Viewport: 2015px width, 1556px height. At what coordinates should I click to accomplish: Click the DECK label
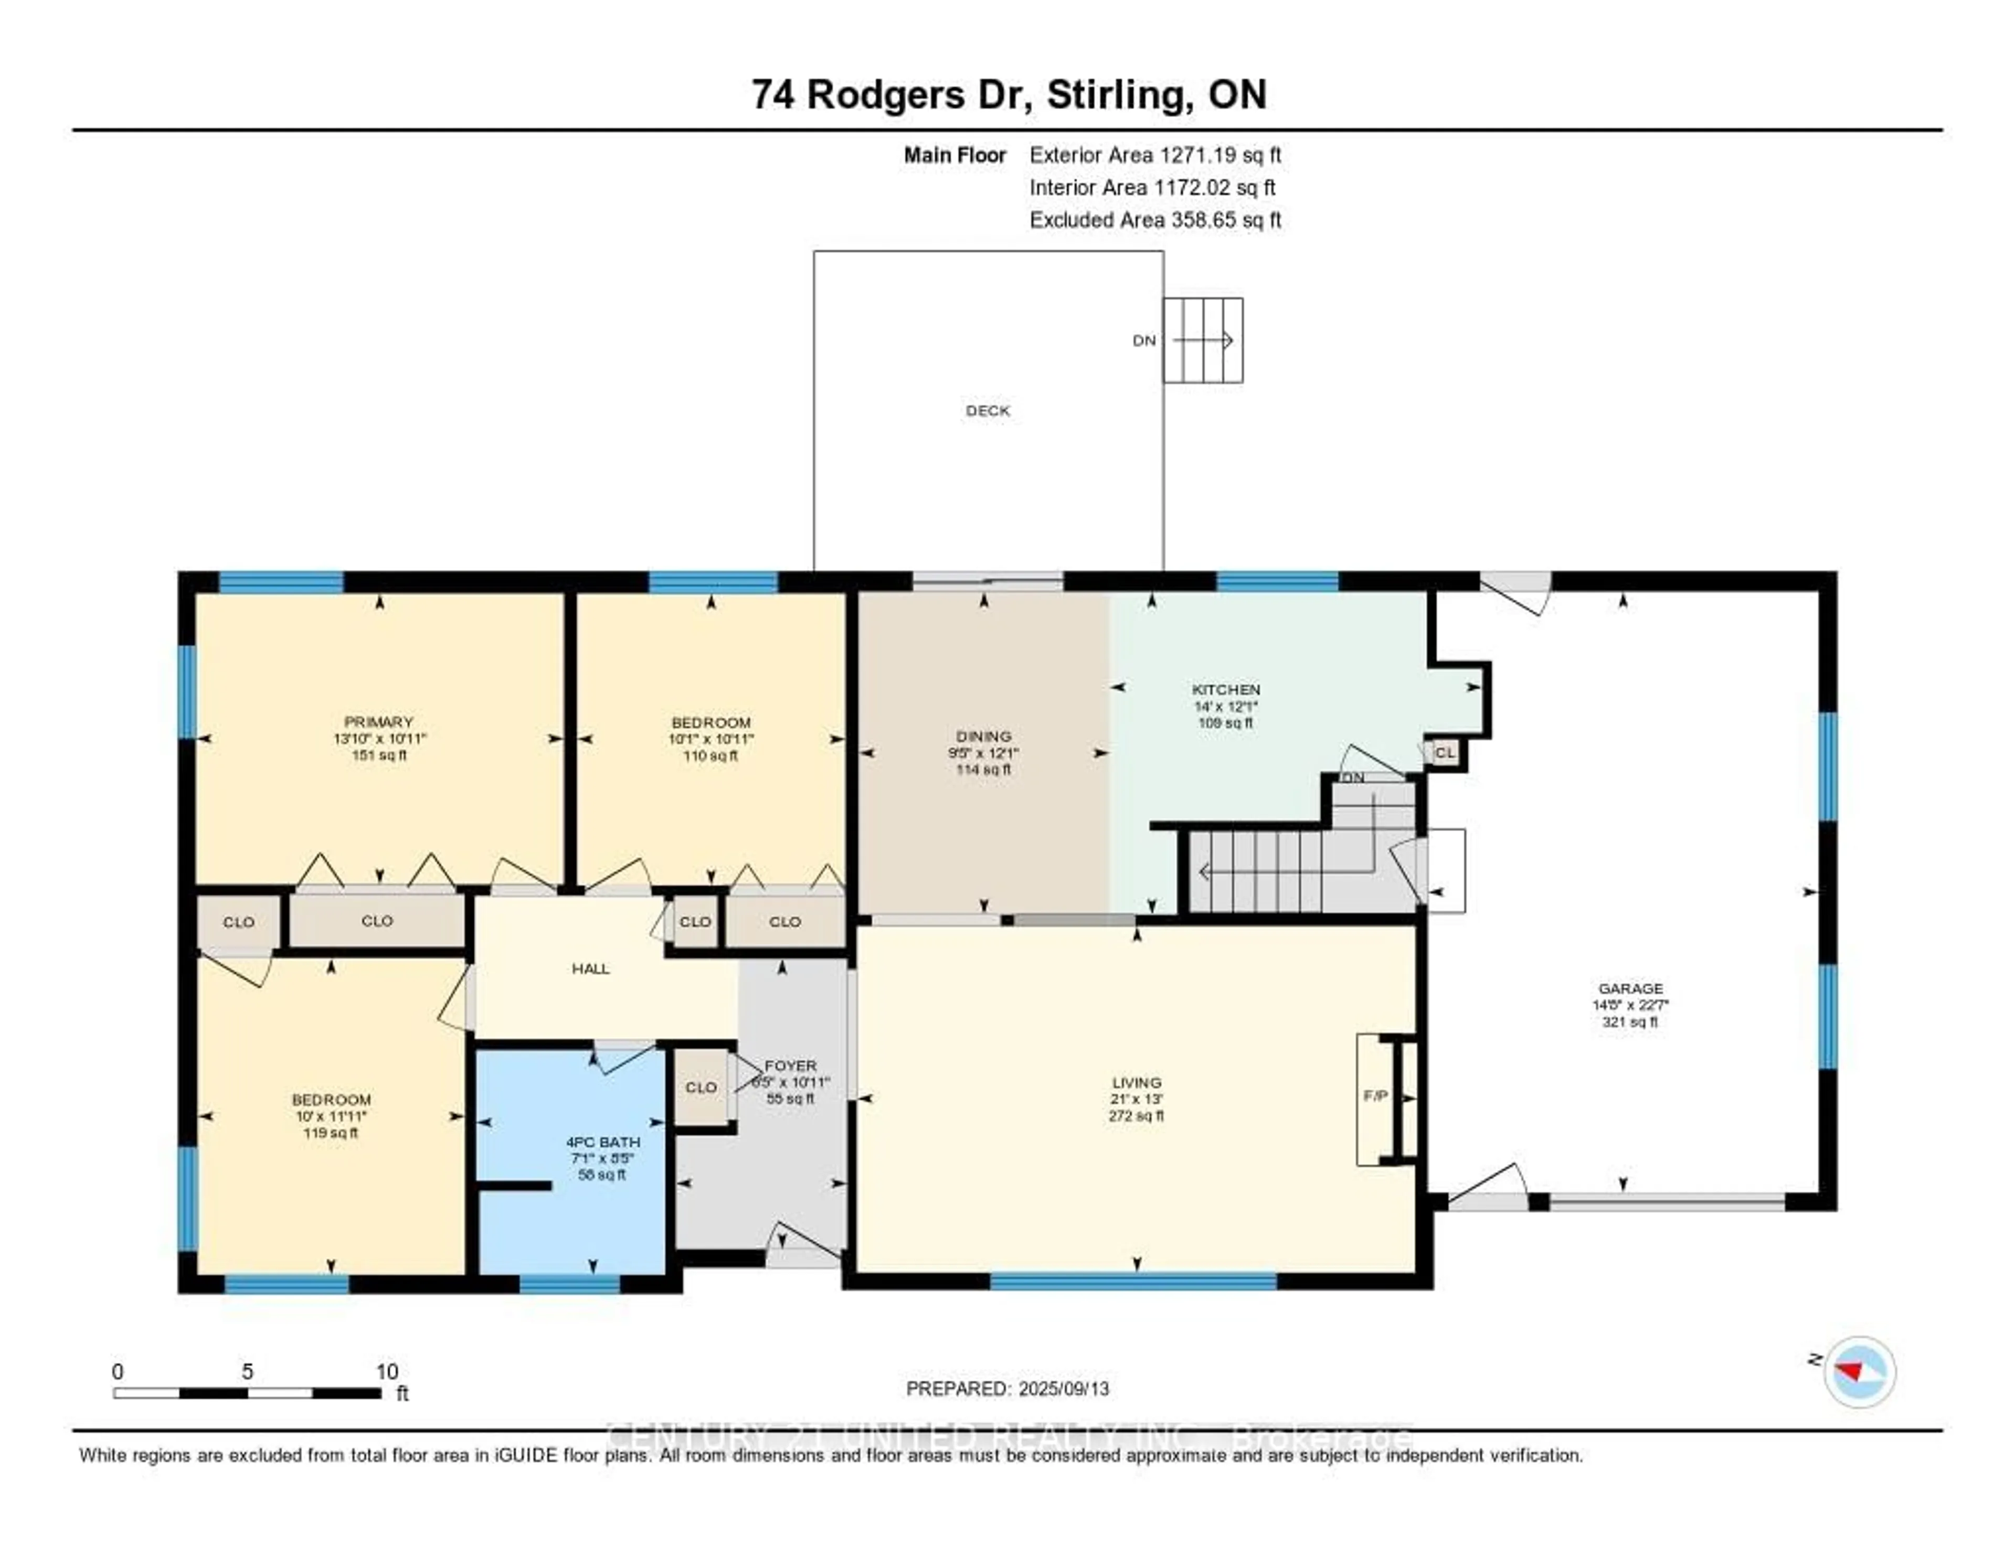(x=987, y=410)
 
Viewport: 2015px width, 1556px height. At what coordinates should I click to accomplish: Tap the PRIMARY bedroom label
(x=378, y=721)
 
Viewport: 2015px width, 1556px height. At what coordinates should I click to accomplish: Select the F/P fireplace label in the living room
(x=1375, y=1096)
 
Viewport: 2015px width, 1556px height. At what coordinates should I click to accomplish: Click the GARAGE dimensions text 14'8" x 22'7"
(x=1630, y=1005)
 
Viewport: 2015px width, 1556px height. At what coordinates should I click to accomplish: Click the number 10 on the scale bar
(x=387, y=1371)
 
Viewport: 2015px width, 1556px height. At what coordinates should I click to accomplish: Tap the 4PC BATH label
(x=602, y=1142)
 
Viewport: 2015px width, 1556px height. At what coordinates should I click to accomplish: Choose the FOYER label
(x=791, y=1065)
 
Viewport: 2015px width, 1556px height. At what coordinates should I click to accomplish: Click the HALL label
(x=590, y=968)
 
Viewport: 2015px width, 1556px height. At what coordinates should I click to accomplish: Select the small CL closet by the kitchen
(x=1445, y=753)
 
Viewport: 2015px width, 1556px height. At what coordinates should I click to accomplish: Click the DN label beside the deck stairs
(x=1144, y=340)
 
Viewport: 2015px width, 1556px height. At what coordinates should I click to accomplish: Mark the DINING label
(x=983, y=736)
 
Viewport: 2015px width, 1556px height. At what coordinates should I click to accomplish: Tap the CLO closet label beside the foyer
(x=701, y=1088)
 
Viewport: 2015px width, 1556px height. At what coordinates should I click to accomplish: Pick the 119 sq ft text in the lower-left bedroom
(x=330, y=1133)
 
